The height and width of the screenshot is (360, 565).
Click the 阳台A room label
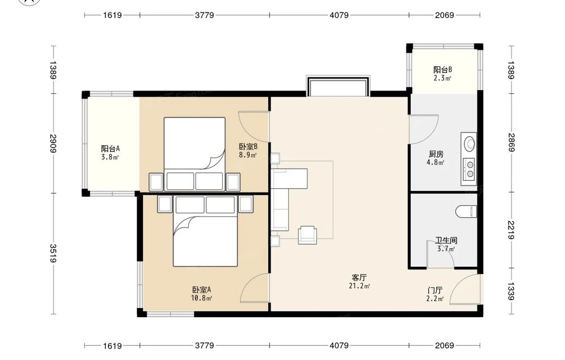(110, 149)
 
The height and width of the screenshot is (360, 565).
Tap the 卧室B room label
(248, 147)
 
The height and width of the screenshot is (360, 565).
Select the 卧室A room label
(202, 290)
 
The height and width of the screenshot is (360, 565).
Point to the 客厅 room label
(359, 277)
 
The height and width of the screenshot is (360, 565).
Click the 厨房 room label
(436, 154)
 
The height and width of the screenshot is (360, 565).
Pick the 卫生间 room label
(446, 240)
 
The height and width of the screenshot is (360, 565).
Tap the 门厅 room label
(435, 290)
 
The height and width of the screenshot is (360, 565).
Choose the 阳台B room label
(442, 70)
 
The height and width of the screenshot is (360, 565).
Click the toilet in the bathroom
(466, 211)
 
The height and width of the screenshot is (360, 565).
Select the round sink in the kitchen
(470, 144)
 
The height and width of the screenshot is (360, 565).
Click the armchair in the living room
(307, 235)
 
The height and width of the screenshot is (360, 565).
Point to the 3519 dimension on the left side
(53, 253)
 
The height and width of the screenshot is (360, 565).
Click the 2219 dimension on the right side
(511, 230)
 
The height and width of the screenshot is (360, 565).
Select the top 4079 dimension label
(339, 15)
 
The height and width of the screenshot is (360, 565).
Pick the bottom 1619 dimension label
(112, 346)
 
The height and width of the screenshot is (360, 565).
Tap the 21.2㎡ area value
(359, 286)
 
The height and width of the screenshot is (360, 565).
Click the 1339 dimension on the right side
(511, 292)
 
